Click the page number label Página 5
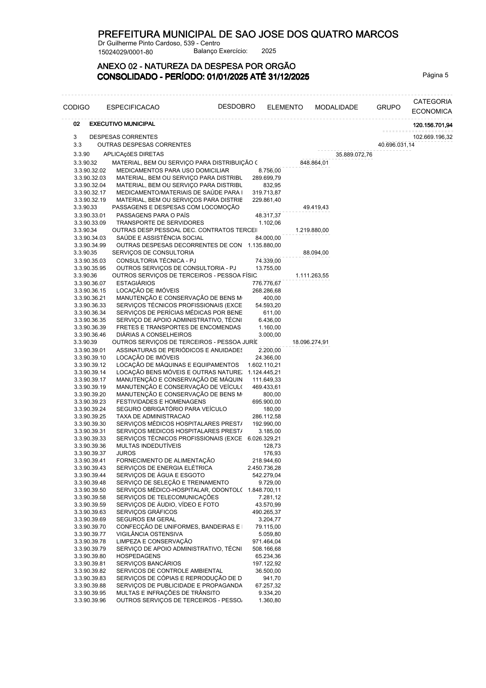(x=435, y=75)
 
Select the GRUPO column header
(x=388, y=107)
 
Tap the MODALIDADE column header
(x=336, y=107)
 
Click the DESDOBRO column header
(x=236, y=107)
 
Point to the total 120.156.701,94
(x=432, y=125)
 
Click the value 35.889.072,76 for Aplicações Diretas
(x=354, y=154)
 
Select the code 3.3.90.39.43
(x=90, y=468)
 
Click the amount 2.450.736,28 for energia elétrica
(x=264, y=468)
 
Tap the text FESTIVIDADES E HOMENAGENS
(x=161, y=402)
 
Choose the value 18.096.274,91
(x=310, y=342)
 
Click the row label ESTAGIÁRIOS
(x=136, y=283)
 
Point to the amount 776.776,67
(x=266, y=283)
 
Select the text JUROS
(x=126, y=453)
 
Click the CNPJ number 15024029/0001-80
(x=125, y=52)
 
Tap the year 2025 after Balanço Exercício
(x=268, y=51)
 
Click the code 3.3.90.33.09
(x=90, y=223)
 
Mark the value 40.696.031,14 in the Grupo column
(x=396, y=145)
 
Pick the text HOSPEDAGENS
(x=138, y=556)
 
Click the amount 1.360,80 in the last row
(x=270, y=600)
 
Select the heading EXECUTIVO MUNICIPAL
(x=122, y=124)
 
